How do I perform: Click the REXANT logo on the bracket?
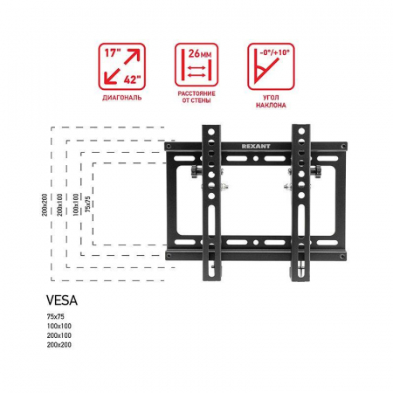click(256, 146)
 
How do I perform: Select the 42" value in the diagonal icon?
click(132, 79)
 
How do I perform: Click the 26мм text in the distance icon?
click(200, 53)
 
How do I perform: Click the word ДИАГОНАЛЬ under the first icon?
click(121, 98)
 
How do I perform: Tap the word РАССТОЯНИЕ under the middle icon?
click(196, 93)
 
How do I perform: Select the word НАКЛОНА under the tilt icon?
click(271, 105)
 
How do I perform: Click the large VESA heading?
click(62, 300)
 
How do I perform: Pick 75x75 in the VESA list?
click(55, 316)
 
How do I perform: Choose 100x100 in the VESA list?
click(59, 326)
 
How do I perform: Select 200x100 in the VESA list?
click(59, 335)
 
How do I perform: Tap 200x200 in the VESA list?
click(59, 345)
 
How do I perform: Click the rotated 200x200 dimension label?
click(45, 204)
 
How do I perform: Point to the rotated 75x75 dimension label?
click(87, 203)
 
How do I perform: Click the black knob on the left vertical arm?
click(195, 172)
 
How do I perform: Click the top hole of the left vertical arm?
click(211, 132)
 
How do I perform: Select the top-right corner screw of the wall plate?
click(343, 146)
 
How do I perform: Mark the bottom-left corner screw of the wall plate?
click(169, 256)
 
